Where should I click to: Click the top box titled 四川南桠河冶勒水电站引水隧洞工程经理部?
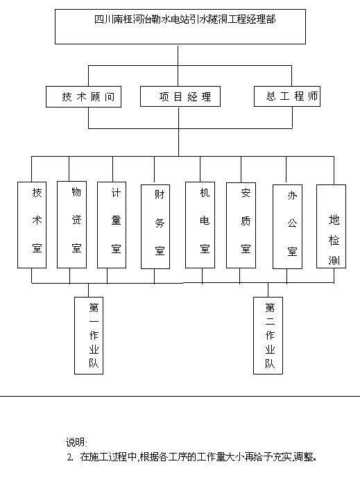click(180, 26)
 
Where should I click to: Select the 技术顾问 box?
click(84, 97)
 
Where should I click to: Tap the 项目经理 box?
click(180, 96)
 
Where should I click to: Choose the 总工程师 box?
click(287, 96)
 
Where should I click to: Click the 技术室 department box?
click(32, 225)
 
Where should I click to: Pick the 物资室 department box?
click(71, 225)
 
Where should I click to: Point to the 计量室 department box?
click(112, 225)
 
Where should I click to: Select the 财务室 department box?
click(155, 227)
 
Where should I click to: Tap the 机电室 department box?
click(200, 225)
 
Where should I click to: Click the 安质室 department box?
click(241, 225)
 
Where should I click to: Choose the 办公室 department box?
click(288, 227)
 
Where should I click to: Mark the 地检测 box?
click(331, 226)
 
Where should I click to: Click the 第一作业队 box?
click(89, 336)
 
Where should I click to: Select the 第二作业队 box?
click(268, 336)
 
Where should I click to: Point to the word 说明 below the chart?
click(75, 442)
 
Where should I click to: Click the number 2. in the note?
click(70, 457)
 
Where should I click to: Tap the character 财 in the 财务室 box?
click(160, 194)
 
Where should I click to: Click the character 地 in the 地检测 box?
click(334, 220)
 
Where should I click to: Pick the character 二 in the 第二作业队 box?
click(270, 321)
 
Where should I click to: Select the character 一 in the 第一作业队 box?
click(94, 321)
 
